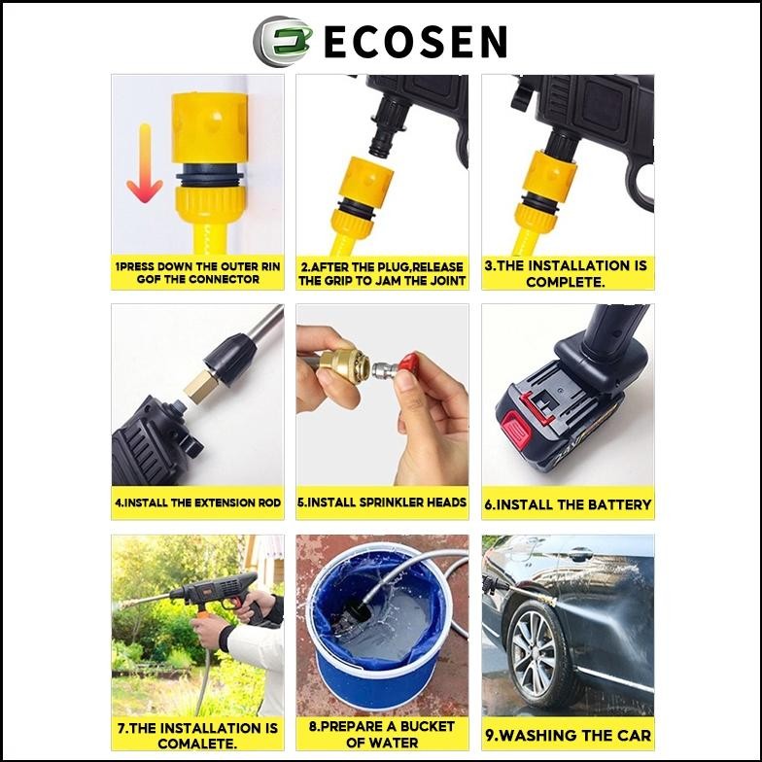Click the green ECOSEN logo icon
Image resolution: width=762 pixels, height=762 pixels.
(x=277, y=41)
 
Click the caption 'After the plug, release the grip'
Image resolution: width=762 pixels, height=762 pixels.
(x=382, y=273)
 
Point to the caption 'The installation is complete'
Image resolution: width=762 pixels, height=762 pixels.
(x=566, y=273)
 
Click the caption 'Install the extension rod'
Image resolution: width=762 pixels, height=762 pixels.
(x=197, y=503)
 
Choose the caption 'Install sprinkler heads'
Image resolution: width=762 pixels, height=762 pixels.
(x=382, y=503)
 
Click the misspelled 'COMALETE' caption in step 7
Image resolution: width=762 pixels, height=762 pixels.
(x=197, y=735)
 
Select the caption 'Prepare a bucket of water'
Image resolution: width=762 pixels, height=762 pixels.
(x=382, y=735)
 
